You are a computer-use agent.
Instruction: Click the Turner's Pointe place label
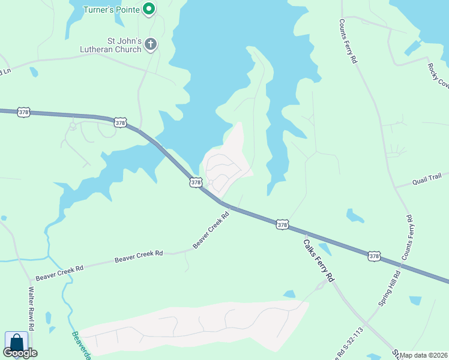[x=112, y=9]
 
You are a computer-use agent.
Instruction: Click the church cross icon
[x=150, y=44]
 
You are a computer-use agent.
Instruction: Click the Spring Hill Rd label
[x=389, y=289]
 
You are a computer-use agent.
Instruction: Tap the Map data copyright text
[x=424, y=355]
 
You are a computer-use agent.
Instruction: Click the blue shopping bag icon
[x=16, y=343]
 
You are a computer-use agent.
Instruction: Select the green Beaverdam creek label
[x=81, y=346]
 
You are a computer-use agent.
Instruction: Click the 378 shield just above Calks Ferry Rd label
[x=283, y=224]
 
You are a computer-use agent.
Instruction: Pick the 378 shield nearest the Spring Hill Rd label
[x=374, y=256]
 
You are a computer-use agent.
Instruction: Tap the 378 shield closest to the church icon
[x=120, y=122]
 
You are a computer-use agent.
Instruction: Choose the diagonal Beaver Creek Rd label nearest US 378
[x=211, y=229]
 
